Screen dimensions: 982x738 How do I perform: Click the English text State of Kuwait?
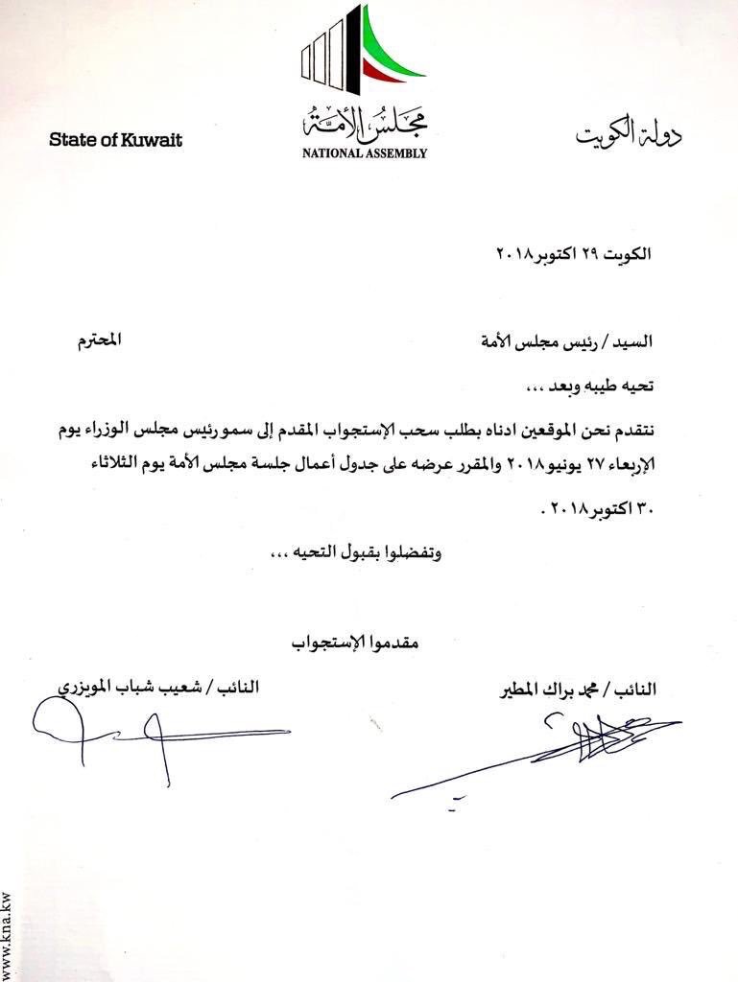pos(115,140)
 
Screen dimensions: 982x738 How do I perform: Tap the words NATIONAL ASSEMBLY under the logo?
pos(365,152)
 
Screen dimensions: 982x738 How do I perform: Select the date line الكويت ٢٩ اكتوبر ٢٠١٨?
pos(573,254)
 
